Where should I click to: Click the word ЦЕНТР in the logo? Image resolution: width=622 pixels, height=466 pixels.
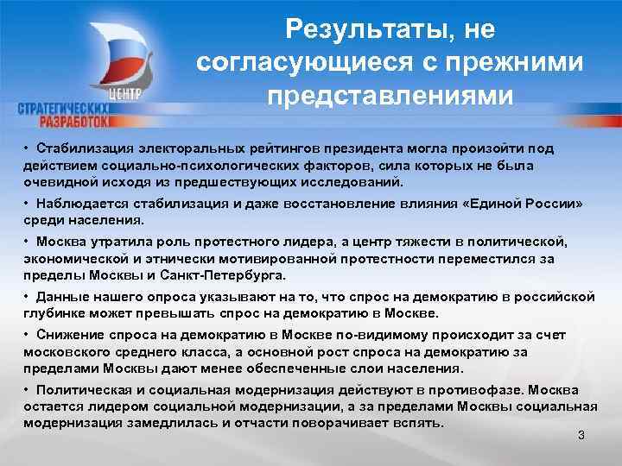click(125, 93)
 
